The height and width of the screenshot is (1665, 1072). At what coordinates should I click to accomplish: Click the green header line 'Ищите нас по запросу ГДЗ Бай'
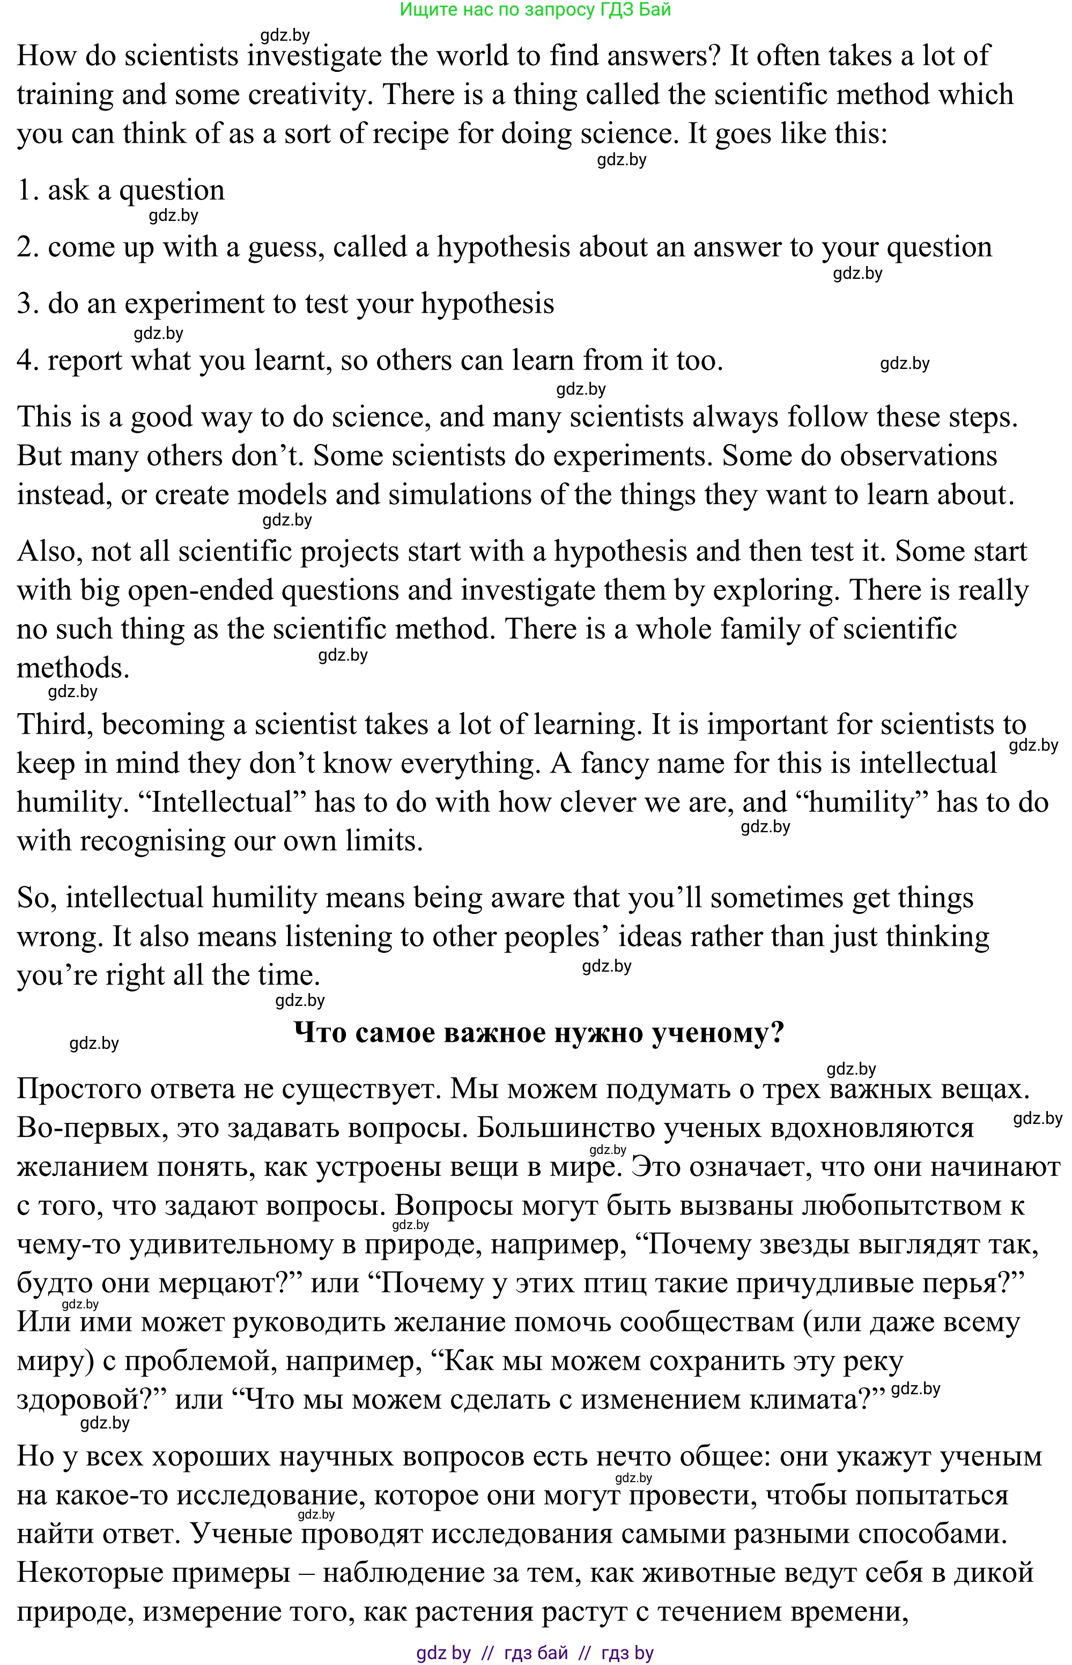[535, 10]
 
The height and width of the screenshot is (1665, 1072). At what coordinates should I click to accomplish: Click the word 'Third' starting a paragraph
[54, 724]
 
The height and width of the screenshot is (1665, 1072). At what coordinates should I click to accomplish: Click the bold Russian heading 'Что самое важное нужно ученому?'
[539, 1032]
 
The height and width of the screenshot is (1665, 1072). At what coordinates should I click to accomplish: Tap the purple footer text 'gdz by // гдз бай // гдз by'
[535, 1653]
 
